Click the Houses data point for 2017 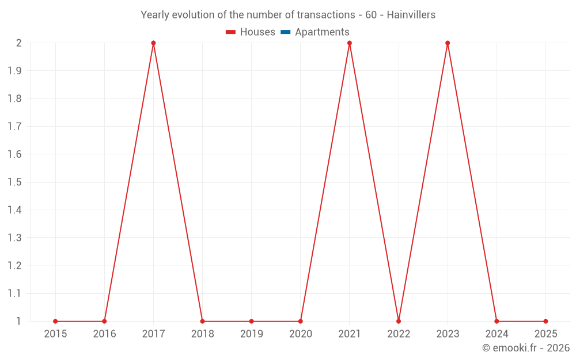pos(153,43)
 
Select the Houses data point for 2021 pos(350,43)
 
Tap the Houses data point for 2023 pos(448,43)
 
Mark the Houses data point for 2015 pos(55,321)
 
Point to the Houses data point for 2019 pos(252,321)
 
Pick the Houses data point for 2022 pos(399,321)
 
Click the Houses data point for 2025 pos(545,321)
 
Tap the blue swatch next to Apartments pos(286,32)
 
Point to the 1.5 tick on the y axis pos(14,183)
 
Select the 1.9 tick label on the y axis pos(14,71)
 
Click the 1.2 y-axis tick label pos(14,266)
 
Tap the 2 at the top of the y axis pos(18,43)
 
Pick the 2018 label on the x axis pos(202,334)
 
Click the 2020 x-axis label pos(301,334)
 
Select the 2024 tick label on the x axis pos(497,334)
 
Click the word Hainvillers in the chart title pos(411,14)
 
